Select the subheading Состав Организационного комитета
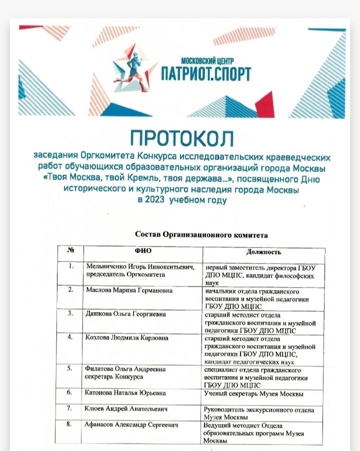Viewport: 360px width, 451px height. coord(201,234)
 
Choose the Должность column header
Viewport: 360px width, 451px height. coord(263,251)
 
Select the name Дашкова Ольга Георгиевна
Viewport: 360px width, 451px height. coord(125,314)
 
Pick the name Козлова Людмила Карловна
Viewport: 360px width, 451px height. coord(125,338)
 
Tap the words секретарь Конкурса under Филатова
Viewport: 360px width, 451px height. coord(114,377)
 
